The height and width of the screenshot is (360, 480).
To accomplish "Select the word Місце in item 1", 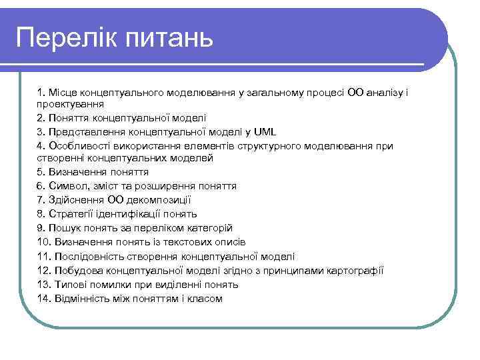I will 62,91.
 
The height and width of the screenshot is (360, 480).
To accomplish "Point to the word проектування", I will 69,105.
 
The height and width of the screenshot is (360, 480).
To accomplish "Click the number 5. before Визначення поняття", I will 42,172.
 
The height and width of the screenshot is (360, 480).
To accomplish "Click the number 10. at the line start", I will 45,242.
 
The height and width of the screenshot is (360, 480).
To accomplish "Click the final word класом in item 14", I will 206,298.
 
